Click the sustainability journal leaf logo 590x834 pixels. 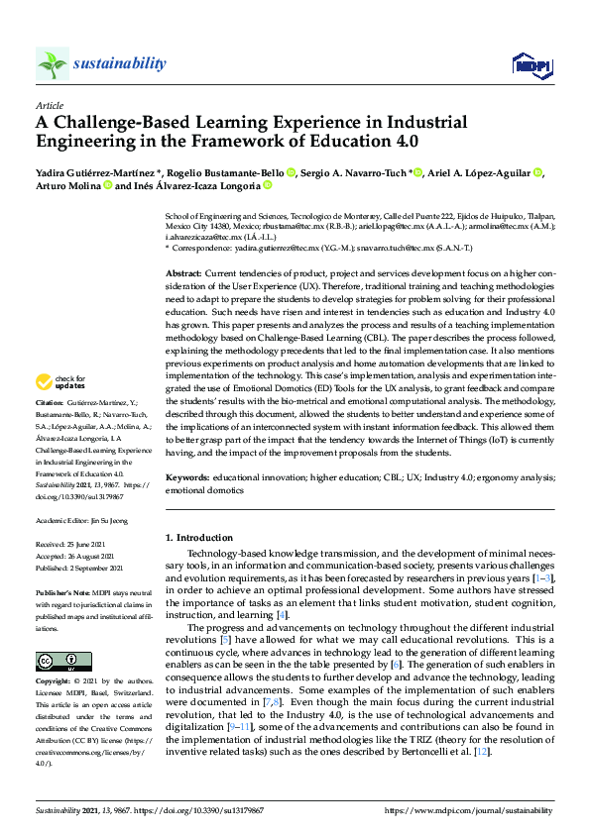pyautogui.click(x=53, y=64)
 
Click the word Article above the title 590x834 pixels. pyautogui.click(x=49, y=105)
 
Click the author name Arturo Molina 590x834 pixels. pyautogui.click(x=67, y=185)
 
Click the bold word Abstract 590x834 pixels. pyautogui.click(x=184, y=271)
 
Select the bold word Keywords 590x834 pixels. pyautogui.click(x=187, y=476)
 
